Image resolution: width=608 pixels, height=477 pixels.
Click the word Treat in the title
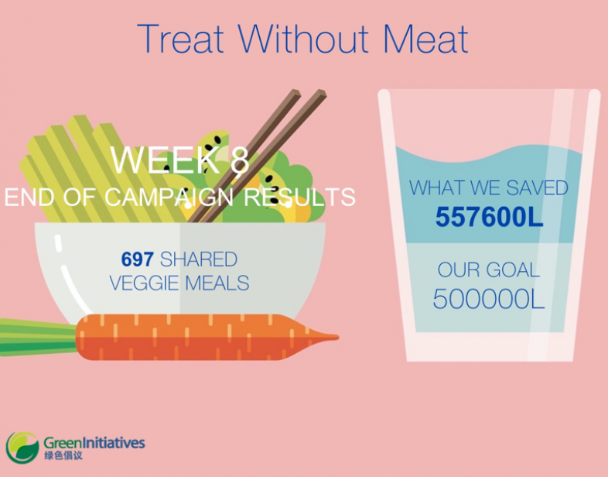pos(181,39)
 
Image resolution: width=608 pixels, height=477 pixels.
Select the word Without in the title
pos(303,39)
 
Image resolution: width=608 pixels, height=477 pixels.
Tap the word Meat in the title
pos(425,39)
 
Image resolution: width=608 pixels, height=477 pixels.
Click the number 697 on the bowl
pos(137,259)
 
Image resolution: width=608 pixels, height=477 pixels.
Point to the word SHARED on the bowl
pos(199,259)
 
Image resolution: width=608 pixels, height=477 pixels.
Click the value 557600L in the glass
pos(490,217)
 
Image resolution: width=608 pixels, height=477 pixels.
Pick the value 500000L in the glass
pos(489,299)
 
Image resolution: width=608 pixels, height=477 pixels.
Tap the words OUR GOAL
pos(489,269)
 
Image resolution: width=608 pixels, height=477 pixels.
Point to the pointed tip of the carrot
pos(338,338)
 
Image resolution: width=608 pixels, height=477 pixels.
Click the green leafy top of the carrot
pos(38,338)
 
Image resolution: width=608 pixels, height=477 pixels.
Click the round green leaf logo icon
pos(22,448)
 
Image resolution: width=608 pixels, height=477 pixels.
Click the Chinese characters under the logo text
pos(63,455)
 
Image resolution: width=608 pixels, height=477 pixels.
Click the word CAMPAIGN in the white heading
pos(169,197)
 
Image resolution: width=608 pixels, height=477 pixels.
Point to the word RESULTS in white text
pos(299,197)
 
